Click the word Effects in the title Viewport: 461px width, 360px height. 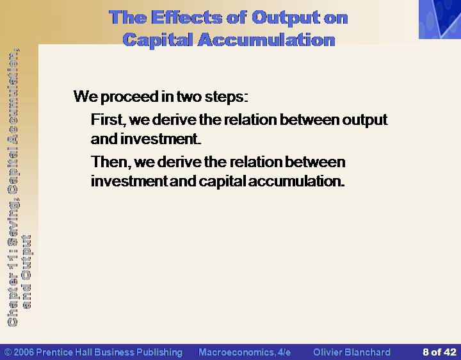186,17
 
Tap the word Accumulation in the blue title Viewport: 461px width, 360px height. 266,40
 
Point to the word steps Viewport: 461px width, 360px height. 226,97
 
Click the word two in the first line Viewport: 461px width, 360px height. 189,97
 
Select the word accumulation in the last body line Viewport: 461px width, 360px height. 296,181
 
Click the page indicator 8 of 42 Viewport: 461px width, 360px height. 439,352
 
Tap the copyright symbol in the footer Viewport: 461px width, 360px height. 8,352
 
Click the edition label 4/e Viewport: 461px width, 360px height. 284,352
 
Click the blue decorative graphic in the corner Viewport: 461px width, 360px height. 440,19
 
